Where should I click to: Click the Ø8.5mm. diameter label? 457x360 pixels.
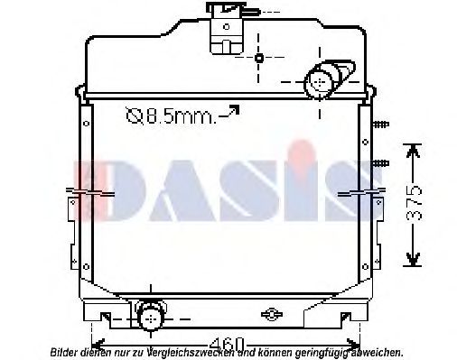pyautogui.click(x=171, y=115)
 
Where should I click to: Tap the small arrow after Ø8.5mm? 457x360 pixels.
pyautogui.click(x=232, y=111)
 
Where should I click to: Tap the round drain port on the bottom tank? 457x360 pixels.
pyautogui.click(x=149, y=315)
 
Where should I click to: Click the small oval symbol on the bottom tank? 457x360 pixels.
pyautogui.click(x=268, y=315)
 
